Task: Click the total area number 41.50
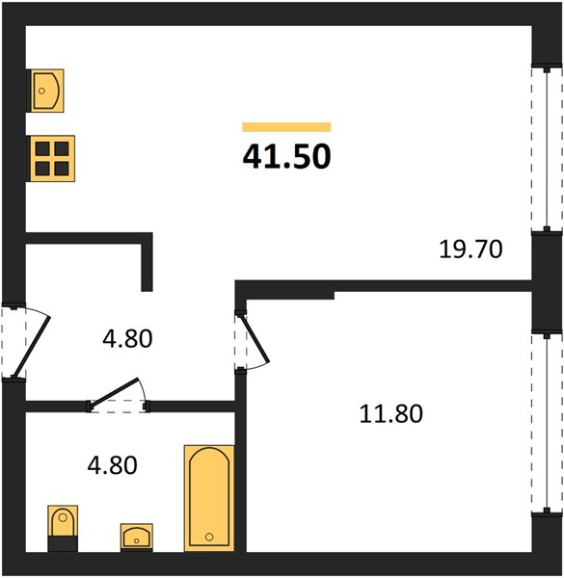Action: (286, 157)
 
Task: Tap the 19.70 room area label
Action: (470, 249)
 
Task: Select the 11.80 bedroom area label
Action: (391, 413)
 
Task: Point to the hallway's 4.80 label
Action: (127, 339)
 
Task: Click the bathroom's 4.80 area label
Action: (112, 465)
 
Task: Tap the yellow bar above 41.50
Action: (286, 127)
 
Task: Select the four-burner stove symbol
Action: (52, 159)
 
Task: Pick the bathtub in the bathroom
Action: (209, 498)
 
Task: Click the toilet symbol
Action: (63, 528)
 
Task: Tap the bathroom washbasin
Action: (137, 538)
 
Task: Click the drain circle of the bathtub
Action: (209, 537)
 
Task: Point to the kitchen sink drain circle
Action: (41, 91)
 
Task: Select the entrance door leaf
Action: (32, 346)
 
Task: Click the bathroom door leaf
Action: (115, 393)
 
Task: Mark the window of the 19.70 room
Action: (547, 148)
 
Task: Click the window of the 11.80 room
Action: (547, 423)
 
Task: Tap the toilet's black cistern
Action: (63, 544)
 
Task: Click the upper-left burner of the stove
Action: (42, 149)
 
